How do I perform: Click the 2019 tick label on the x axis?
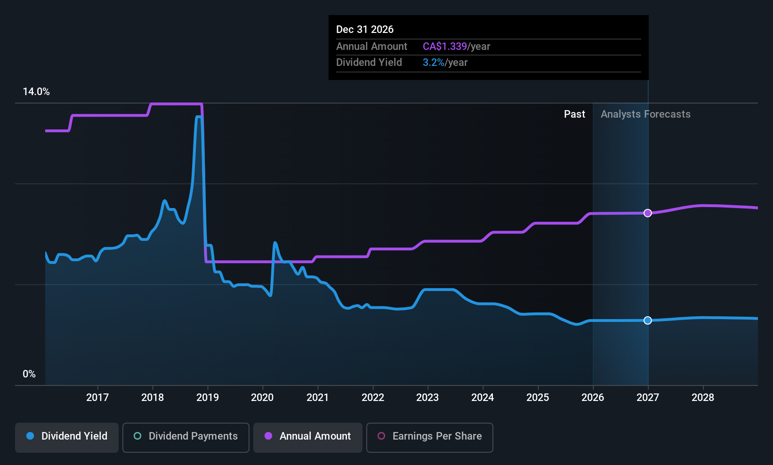point(207,397)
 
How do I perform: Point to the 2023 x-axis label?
point(427,397)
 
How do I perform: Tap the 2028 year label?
point(702,397)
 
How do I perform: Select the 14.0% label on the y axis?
point(36,92)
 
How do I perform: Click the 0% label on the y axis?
point(29,374)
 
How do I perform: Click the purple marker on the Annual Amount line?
point(648,213)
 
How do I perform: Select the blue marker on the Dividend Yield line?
point(648,321)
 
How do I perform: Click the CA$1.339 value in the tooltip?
point(444,47)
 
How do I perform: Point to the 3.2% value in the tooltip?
point(433,63)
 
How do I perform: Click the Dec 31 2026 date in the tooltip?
point(365,30)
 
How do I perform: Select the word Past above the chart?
point(574,114)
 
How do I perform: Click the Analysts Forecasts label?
point(645,114)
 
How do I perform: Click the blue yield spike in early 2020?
point(275,243)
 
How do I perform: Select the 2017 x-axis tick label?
point(97,397)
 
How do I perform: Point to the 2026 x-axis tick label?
point(592,397)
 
